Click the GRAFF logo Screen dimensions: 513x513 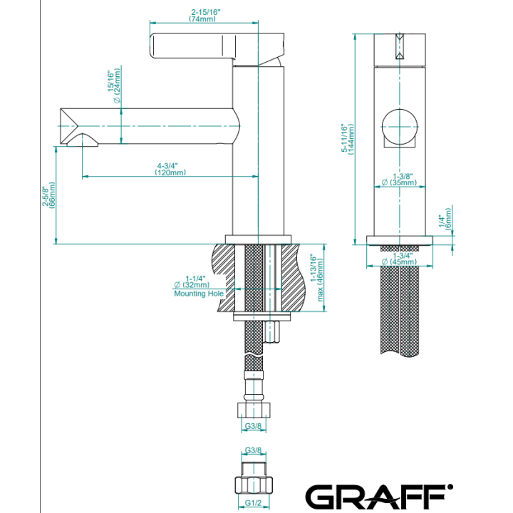[x=379, y=497]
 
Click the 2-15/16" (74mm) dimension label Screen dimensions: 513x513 [x=205, y=16]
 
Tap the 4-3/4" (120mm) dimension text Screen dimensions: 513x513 [x=170, y=169]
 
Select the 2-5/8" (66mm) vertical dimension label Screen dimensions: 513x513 [x=48, y=195]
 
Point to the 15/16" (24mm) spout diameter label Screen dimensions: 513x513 [x=114, y=85]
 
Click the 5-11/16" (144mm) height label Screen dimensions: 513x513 [x=348, y=138]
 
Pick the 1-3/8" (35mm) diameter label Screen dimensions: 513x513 [x=400, y=180]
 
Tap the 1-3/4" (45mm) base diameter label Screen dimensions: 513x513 [x=400, y=259]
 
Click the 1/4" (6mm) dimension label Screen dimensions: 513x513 [x=445, y=219]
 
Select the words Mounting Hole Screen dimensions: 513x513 [x=199, y=294]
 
